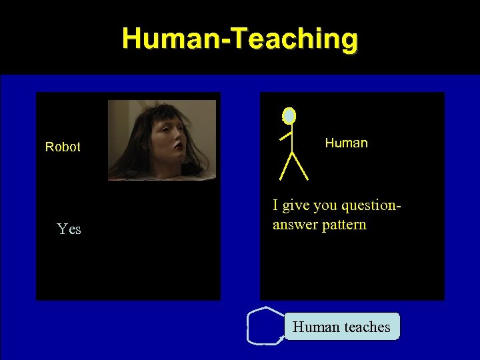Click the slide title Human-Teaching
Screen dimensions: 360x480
point(239,39)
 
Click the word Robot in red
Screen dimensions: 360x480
point(63,147)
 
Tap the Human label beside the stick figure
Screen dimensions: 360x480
point(346,143)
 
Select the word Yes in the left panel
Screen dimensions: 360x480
point(69,229)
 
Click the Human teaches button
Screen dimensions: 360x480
point(342,327)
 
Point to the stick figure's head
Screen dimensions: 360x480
point(289,116)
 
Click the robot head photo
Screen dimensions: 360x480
point(162,140)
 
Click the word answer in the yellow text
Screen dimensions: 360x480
point(294,224)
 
